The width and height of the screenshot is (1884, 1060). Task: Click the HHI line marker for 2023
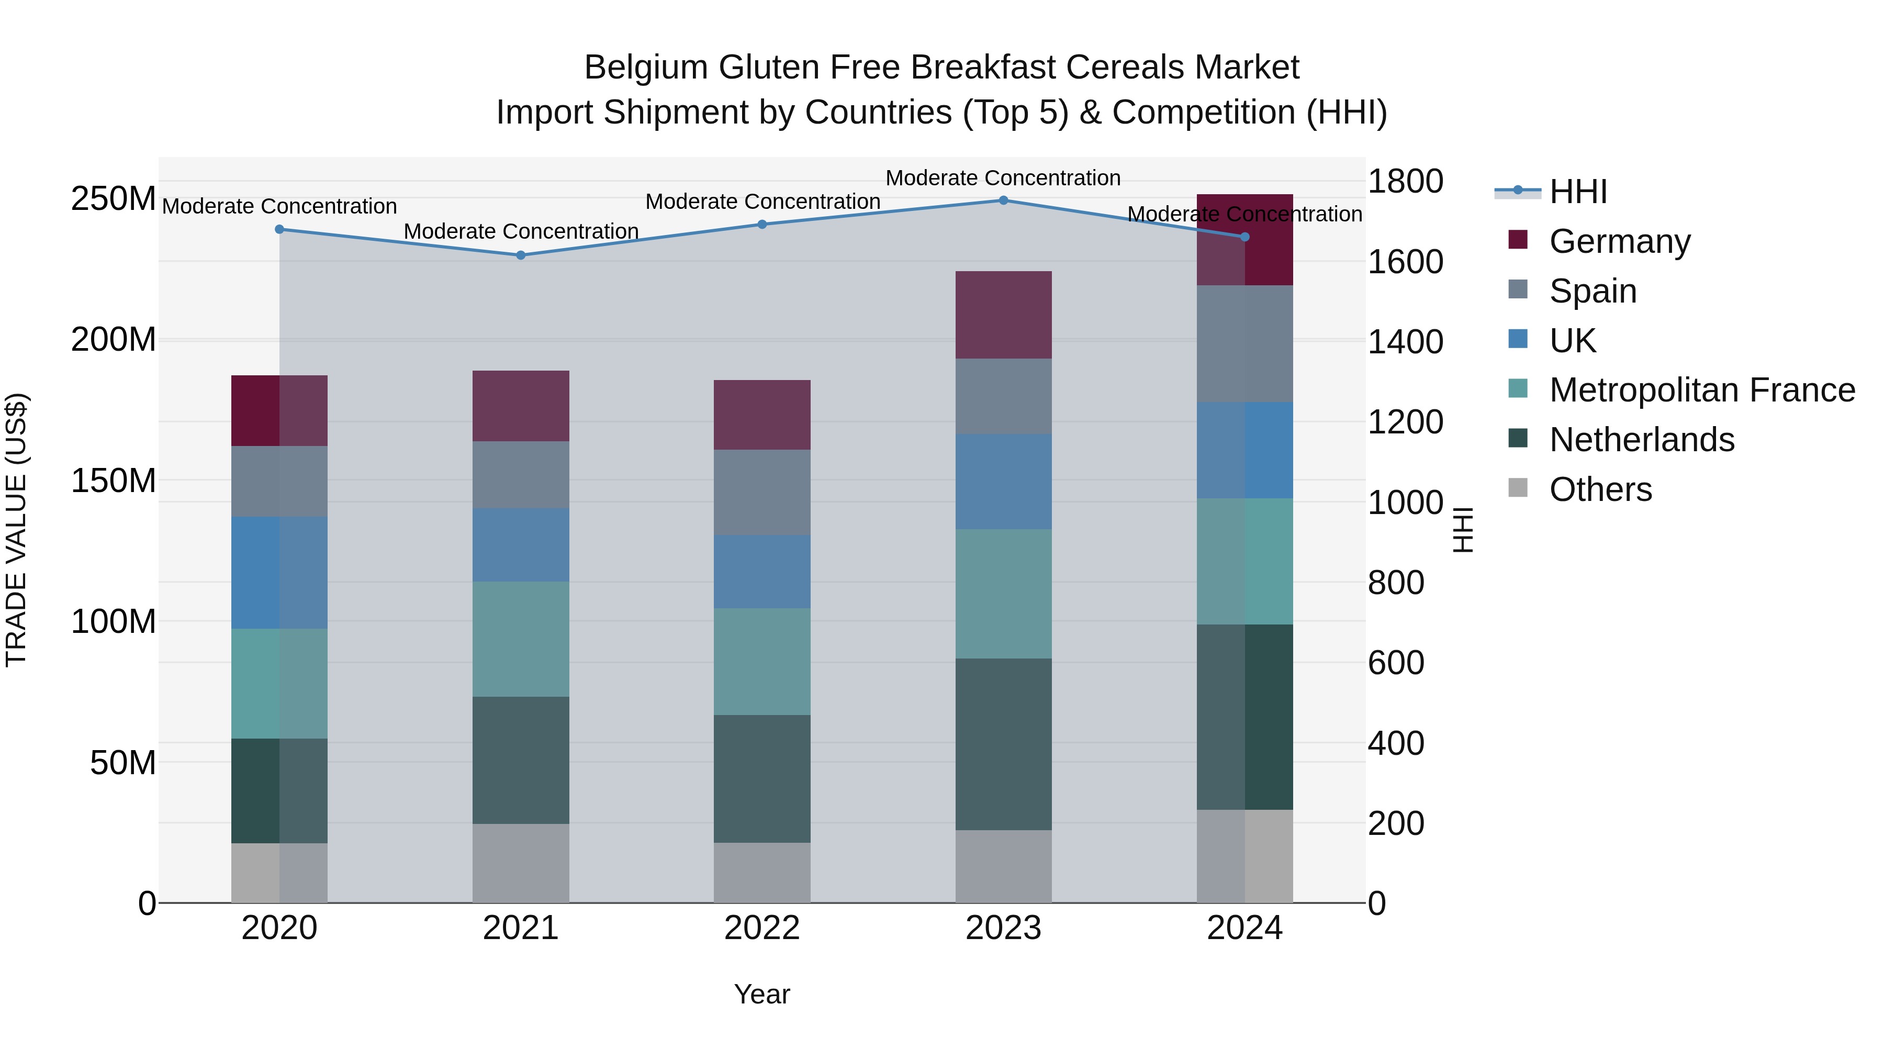[1003, 200]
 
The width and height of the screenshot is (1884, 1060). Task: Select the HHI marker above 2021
[521, 255]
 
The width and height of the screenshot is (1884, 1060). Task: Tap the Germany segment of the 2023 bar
[1003, 315]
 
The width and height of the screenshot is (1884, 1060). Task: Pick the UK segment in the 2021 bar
[521, 545]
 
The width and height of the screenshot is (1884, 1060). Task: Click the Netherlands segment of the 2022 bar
[762, 778]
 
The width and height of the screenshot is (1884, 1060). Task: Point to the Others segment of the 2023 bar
[1003, 866]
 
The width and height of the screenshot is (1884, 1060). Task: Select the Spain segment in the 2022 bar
[762, 493]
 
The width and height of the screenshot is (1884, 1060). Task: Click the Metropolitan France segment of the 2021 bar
[521, 639]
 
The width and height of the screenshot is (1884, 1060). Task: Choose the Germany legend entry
[1619, 241]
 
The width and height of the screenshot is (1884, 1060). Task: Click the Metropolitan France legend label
[1702, 390]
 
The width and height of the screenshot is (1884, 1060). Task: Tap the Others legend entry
[1600, 489]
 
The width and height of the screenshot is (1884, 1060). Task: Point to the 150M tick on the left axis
[114, 481]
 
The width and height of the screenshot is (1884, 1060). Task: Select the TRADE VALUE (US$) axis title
[17, 530]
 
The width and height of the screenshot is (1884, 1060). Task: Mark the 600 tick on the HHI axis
[1395, 663]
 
